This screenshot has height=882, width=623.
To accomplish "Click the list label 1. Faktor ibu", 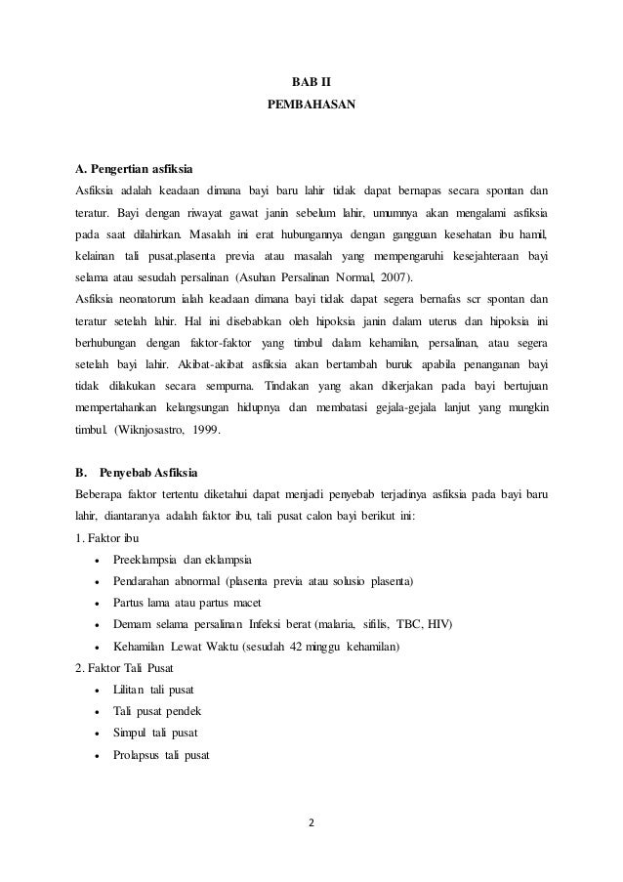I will pyautogui.click(x=106, y=538).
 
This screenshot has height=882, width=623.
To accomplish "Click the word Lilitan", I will pyautogui.click(x=132, y=690).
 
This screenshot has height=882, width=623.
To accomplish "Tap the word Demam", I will pyautogui.click(x=133, y=624).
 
